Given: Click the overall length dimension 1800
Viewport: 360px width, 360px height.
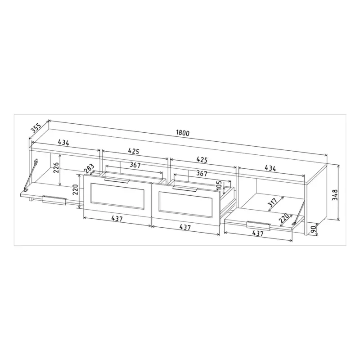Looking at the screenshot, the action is [x=183, y=133].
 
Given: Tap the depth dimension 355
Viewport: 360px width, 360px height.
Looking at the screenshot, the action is [x=36, y=128].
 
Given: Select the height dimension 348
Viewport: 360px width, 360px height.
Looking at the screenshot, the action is [x=335, y=195].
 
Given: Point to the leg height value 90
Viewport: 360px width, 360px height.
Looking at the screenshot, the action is [x=313, y=229].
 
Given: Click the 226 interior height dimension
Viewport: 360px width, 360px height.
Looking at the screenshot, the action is [x=57, y=167].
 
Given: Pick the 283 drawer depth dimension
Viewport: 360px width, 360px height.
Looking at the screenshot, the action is [x=89, y=168].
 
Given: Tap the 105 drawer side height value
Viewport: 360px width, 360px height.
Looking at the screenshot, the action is [x=219, y=185].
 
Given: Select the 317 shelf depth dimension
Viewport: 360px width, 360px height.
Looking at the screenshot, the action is [x=273, y=202].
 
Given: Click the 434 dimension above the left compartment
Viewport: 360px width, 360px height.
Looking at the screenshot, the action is [x=63, y=143].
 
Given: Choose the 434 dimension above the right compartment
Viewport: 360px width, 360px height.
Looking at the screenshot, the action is [x=270, y=168].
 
